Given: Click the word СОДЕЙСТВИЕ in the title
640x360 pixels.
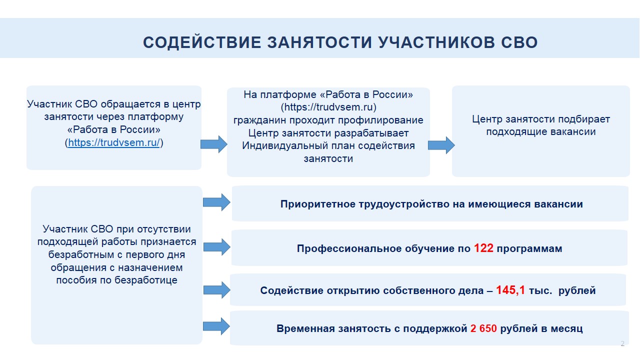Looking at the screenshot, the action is click(202, 42).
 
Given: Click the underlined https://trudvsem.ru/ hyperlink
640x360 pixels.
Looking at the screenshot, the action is click(113, 142).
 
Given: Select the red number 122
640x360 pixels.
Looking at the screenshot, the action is click(483, 248).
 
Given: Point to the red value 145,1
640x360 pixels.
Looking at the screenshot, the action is click(510, 290).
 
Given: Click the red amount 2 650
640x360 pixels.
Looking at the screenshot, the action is click(483, 328).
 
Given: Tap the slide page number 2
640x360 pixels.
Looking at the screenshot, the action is click(622, 343).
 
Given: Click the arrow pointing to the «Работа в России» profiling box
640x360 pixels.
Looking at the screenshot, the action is click(214, 144).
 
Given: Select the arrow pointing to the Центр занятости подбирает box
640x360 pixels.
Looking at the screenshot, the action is click(441, 145).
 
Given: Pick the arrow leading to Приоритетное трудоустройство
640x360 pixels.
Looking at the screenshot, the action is click(216, 202).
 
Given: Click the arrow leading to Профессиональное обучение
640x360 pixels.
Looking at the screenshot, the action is click(217, 247).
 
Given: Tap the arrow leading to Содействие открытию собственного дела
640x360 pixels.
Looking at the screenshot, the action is click(217, 290).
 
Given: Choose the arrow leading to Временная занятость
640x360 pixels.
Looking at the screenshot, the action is click(216, 326).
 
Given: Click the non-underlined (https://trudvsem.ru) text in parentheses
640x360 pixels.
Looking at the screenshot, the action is click(328, 107).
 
